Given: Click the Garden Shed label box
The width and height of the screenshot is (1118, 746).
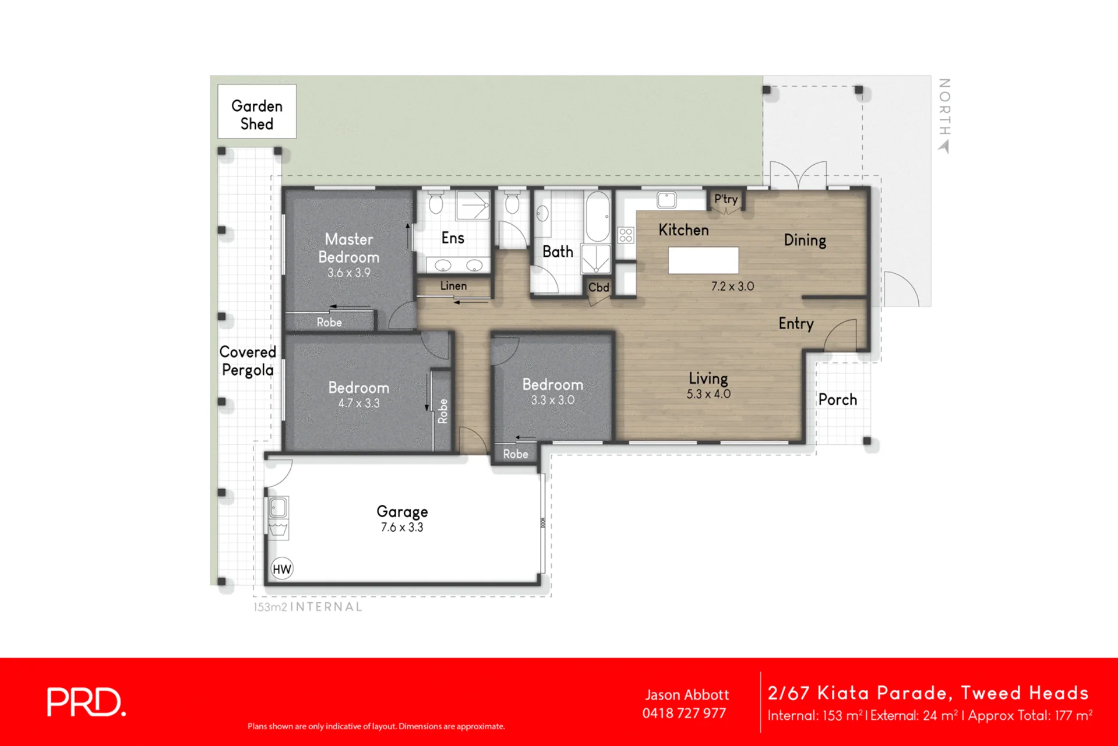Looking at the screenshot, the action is click(x=257, y=111).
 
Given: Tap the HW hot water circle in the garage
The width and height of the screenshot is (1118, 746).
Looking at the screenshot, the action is click(x=282, y=569).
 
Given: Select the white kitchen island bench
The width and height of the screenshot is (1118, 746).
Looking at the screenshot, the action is click(x=703, y=260).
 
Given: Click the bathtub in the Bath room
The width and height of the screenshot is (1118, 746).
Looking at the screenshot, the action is click(x=598, y=217).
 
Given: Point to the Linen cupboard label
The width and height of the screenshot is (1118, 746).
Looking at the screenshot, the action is click(x=453, y=286).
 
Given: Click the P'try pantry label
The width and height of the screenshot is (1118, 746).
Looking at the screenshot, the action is click(x=726, y=199).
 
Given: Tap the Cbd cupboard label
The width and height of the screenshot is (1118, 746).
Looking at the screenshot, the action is click(x=598, y=288).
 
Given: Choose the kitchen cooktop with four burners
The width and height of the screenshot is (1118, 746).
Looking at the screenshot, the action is click(x=626, y=235).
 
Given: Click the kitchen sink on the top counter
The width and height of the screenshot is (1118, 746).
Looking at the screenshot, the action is click(x=666, y=200).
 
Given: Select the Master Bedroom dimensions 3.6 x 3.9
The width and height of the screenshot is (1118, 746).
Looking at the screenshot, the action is click(x=348, y=273).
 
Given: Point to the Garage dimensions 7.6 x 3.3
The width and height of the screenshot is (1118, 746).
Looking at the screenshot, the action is click(x=402, y=528).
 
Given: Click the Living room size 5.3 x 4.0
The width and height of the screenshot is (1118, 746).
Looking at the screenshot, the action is click(x=708, y=394).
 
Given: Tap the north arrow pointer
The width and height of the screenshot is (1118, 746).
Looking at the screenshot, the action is click(x=944, y=147).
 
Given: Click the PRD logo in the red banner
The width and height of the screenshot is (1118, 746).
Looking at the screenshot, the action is click(x=86, y=702).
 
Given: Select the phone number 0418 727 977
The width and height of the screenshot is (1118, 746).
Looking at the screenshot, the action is click(x=684, y=713).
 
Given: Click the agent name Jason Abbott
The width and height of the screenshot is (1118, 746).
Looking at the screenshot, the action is click(x=687, y=695).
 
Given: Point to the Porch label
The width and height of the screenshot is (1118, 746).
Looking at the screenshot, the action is click(x=838, y=399).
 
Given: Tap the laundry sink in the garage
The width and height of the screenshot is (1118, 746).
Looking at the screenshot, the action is click(x=278, y=508).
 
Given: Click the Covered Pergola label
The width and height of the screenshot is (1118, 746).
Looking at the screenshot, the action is click(x=248, y=361).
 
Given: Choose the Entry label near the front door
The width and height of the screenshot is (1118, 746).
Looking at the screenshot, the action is click(x=796, y=324).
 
